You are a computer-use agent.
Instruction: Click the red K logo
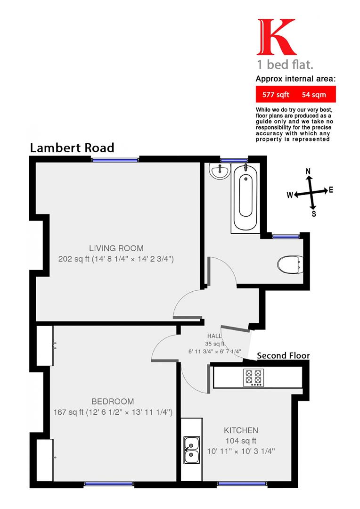(x=277, y=37)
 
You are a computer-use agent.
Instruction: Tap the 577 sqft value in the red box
(x=276, y=94)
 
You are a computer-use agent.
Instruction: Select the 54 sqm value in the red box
(x=313, y=94)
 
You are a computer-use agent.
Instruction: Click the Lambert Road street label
(x=72, y=148)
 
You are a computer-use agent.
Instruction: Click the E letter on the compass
(x=331, y=190)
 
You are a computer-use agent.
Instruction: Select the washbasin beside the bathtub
(x=220, y=172)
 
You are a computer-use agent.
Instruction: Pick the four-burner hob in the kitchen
(x=253, y=377)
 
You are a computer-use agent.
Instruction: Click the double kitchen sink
(x=191, y=450)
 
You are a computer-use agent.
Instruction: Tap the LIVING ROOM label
(x=116, y=248)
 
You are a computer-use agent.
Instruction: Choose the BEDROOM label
(x=113, y=402)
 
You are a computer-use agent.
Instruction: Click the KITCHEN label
(x=241, y=430)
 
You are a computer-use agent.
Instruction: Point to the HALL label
(x=215, y=336)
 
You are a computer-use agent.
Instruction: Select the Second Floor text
(x=283, y=355)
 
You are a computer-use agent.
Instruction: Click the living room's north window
(x=115, y=160)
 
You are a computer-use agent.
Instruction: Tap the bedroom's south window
(x=109, y=484)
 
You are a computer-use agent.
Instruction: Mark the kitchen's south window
(x=240, y=484)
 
